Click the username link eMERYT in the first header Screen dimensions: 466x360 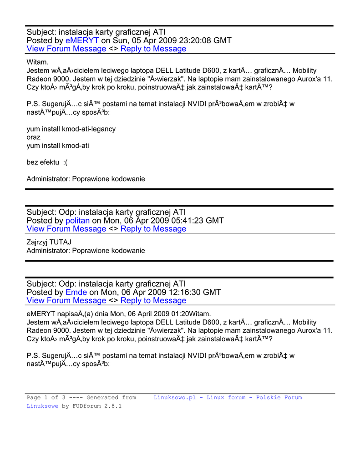[x=82, y=41]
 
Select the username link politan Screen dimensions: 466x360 [x=78, y=221]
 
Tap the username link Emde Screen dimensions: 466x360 [x=76, y=292]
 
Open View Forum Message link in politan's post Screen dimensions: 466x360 [x=66, y=229]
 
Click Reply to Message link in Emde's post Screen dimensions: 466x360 [x=153, y=300]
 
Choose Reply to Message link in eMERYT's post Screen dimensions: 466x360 [x=153, y=49]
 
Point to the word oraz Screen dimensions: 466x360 [x=34, y=137]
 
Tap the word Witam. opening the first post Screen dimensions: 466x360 [x=38, y=62]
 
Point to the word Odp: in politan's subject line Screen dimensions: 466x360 [x=67, y=212]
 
